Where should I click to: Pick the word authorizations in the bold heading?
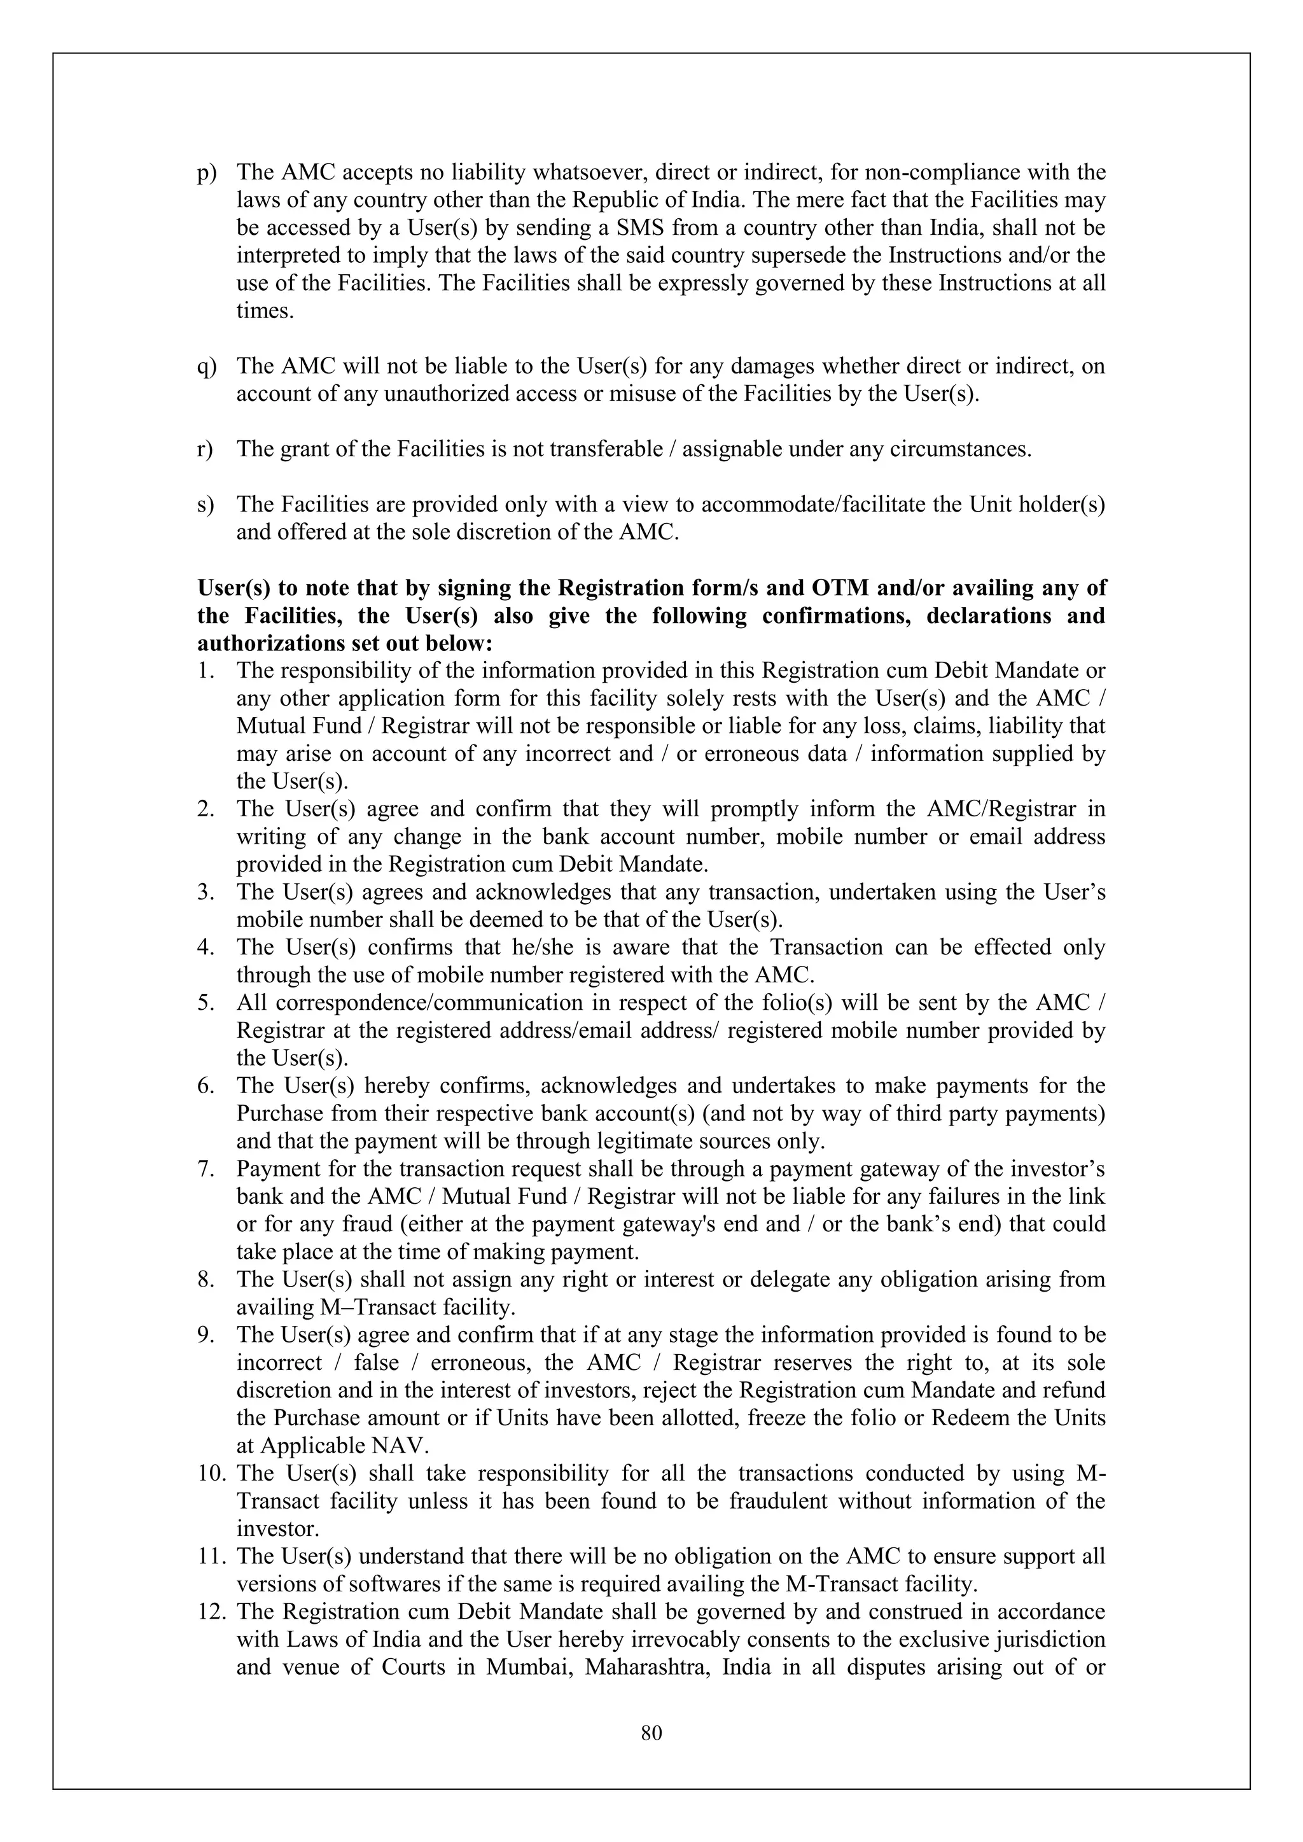tap(272, 643)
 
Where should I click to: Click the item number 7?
tap(205, 1169)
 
